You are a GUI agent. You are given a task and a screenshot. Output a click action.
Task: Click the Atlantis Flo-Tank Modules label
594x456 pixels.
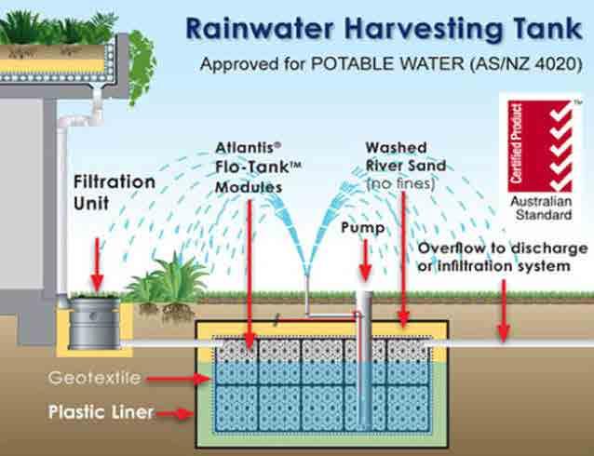click(x=249, y=167)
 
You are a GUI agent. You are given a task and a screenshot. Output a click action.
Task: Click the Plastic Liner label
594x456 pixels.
click(x=101, y=412)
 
